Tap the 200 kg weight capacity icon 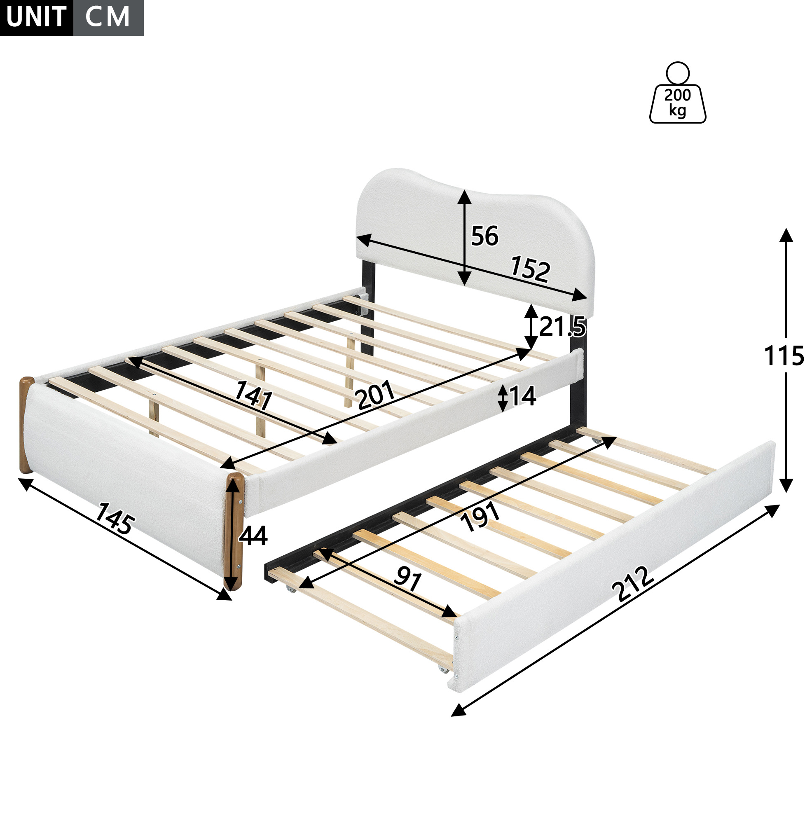(677, 93)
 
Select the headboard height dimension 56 (484, 236)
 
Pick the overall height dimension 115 (784, 355)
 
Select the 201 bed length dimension (376, 395)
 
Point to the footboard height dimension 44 (253, 536)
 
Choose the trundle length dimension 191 (481, 517)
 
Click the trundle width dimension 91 (408, 580)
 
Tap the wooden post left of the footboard (26, 425)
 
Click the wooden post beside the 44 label (234, 531)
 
